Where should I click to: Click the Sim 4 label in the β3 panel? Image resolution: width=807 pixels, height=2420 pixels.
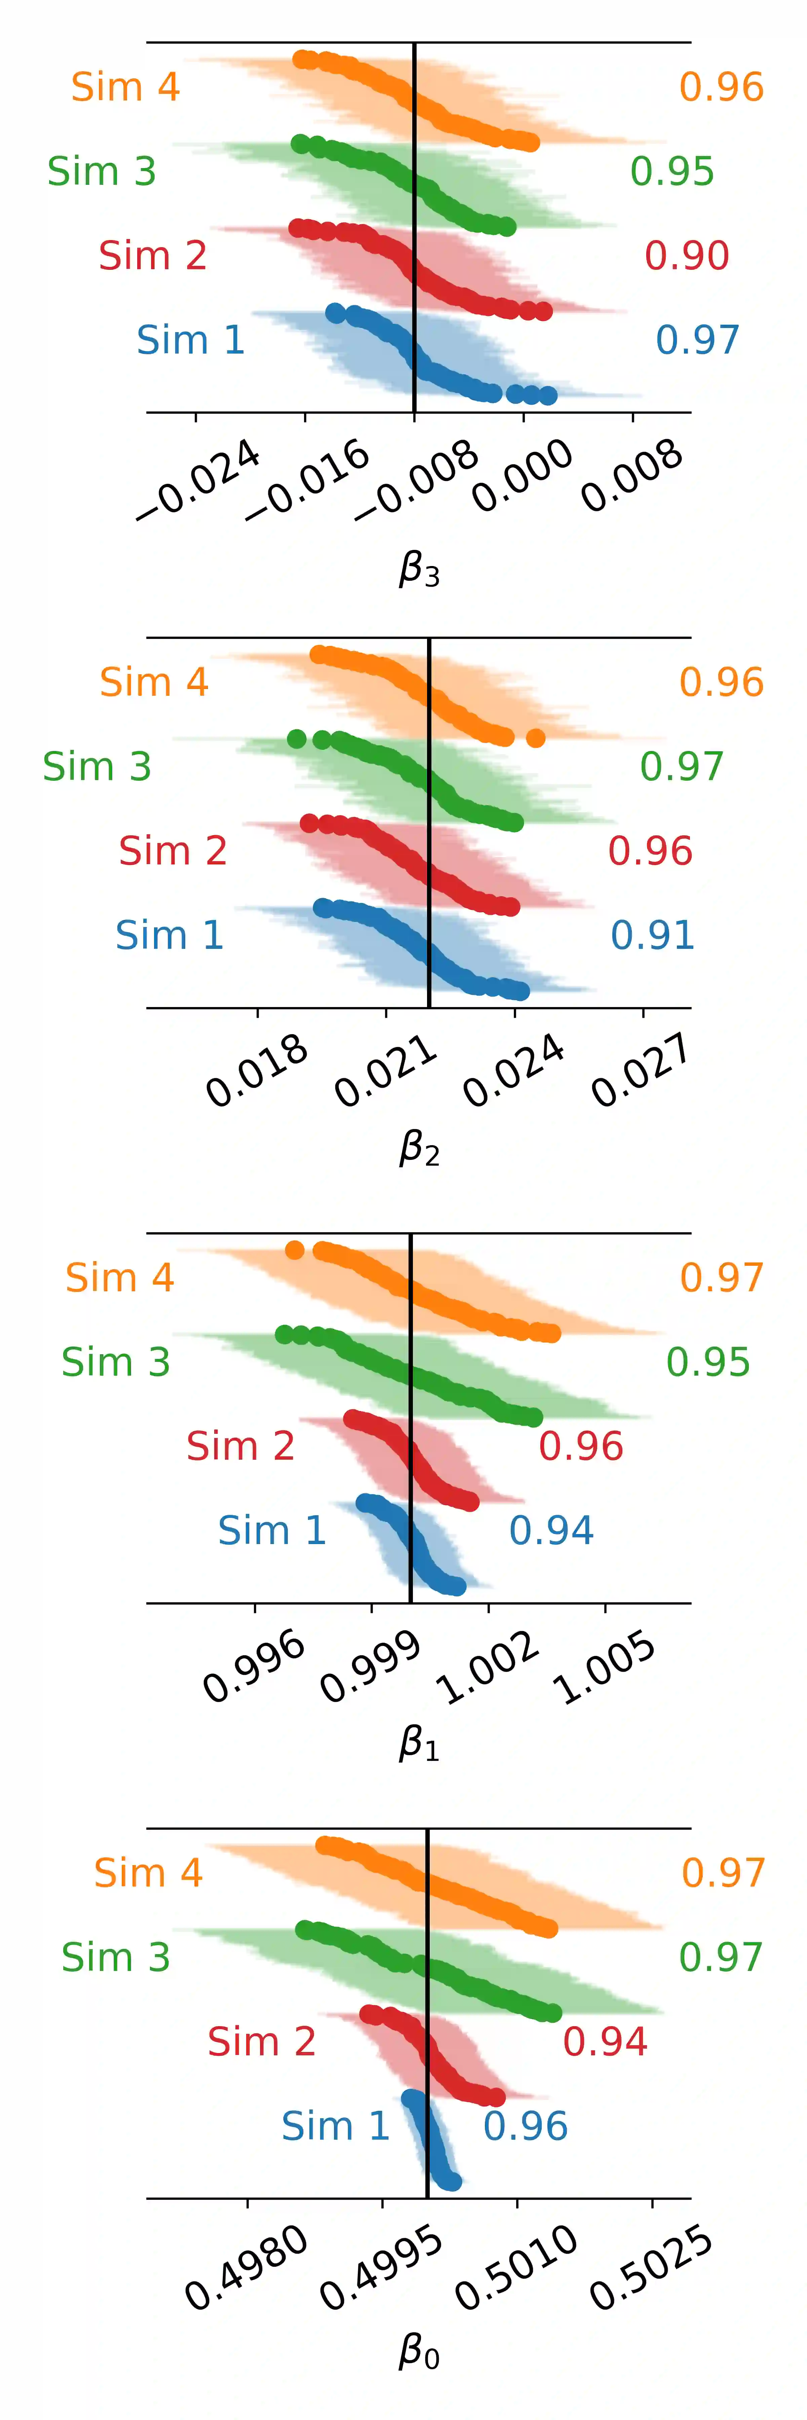[125, 87]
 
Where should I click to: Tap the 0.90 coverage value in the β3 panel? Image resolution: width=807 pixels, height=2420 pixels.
[687, 255]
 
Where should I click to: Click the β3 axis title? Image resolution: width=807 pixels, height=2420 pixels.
[419, 568]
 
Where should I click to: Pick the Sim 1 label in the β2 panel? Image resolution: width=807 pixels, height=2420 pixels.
[169, 936]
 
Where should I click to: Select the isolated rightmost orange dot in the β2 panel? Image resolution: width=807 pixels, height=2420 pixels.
[536, 738]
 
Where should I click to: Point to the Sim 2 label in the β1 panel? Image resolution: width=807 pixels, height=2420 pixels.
[240, 1446]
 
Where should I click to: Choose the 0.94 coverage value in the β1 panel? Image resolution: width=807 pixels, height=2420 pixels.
[551, 1530]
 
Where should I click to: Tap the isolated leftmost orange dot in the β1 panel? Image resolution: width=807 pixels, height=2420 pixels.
[294, 1249]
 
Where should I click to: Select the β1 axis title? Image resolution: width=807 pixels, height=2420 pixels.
[419, 1744]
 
